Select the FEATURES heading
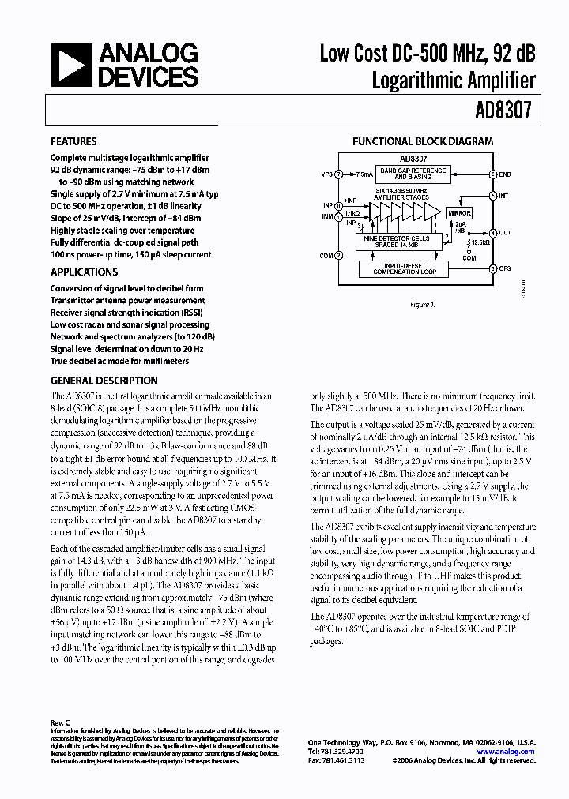point(73,142)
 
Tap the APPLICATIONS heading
point(84,272)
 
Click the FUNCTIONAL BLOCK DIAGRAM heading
point(423,142)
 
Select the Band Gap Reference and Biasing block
point(413,174)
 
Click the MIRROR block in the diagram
point(459,213)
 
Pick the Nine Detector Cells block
point(401,242)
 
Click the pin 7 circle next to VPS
point(339,174)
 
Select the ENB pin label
point(505,174)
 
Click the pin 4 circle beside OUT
point(493,233)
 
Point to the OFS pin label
point(505,268)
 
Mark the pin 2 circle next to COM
point(339,255)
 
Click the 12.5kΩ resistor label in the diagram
point(481,242)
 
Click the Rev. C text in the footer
point(61,722)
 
